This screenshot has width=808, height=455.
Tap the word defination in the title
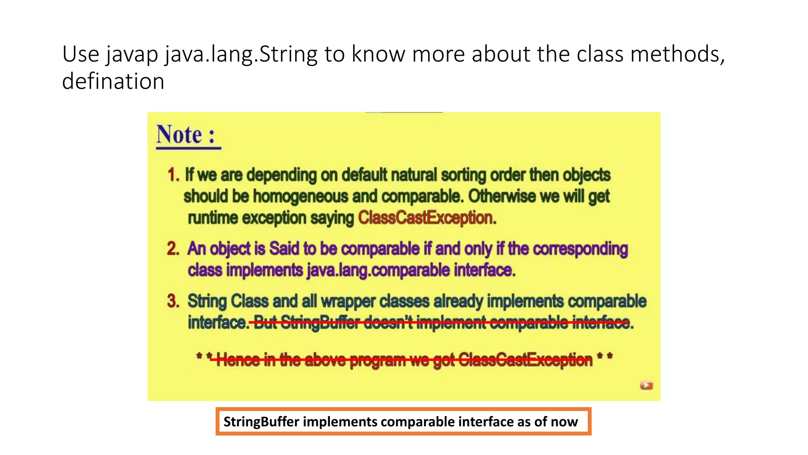pos(113,81)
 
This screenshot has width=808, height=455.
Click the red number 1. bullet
pos(173,175)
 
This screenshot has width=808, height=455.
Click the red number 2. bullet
pos(173,249)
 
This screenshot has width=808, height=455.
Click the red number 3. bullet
pos(173,301)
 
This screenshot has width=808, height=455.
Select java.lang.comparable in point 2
pos(378,270)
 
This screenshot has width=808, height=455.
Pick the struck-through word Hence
pos(238,359)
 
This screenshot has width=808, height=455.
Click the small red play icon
pos(646,385)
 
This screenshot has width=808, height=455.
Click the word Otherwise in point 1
pos(501,196)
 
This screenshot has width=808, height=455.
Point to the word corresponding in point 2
pos(580,249)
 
